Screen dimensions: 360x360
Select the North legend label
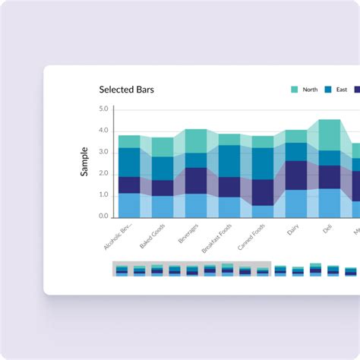pyautogui.click(x=310, y=90)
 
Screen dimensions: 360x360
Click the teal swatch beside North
pyautogui.click(x=295, y=90)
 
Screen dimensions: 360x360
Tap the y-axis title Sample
pyautogui.click(x=84, y=162)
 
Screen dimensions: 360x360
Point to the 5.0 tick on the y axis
pyautogui.click(x=104, y=109)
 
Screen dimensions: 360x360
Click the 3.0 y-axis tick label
pyautogui.click(x=104, y=152)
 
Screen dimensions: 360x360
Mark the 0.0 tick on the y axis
pyautogui.click(x=104, y=216)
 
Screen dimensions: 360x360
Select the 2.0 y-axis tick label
pyautogui.click(x=104, y=173)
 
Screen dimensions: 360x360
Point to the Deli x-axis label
pyautogui.click(x=327, y=227)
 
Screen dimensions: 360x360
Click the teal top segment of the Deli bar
pyautogui.click(x=329, y=134)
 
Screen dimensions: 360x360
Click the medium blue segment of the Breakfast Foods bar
pyautogui.click(x=229, y=160)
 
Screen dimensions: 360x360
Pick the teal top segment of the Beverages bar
pyautogui.click(x=196, y=141)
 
